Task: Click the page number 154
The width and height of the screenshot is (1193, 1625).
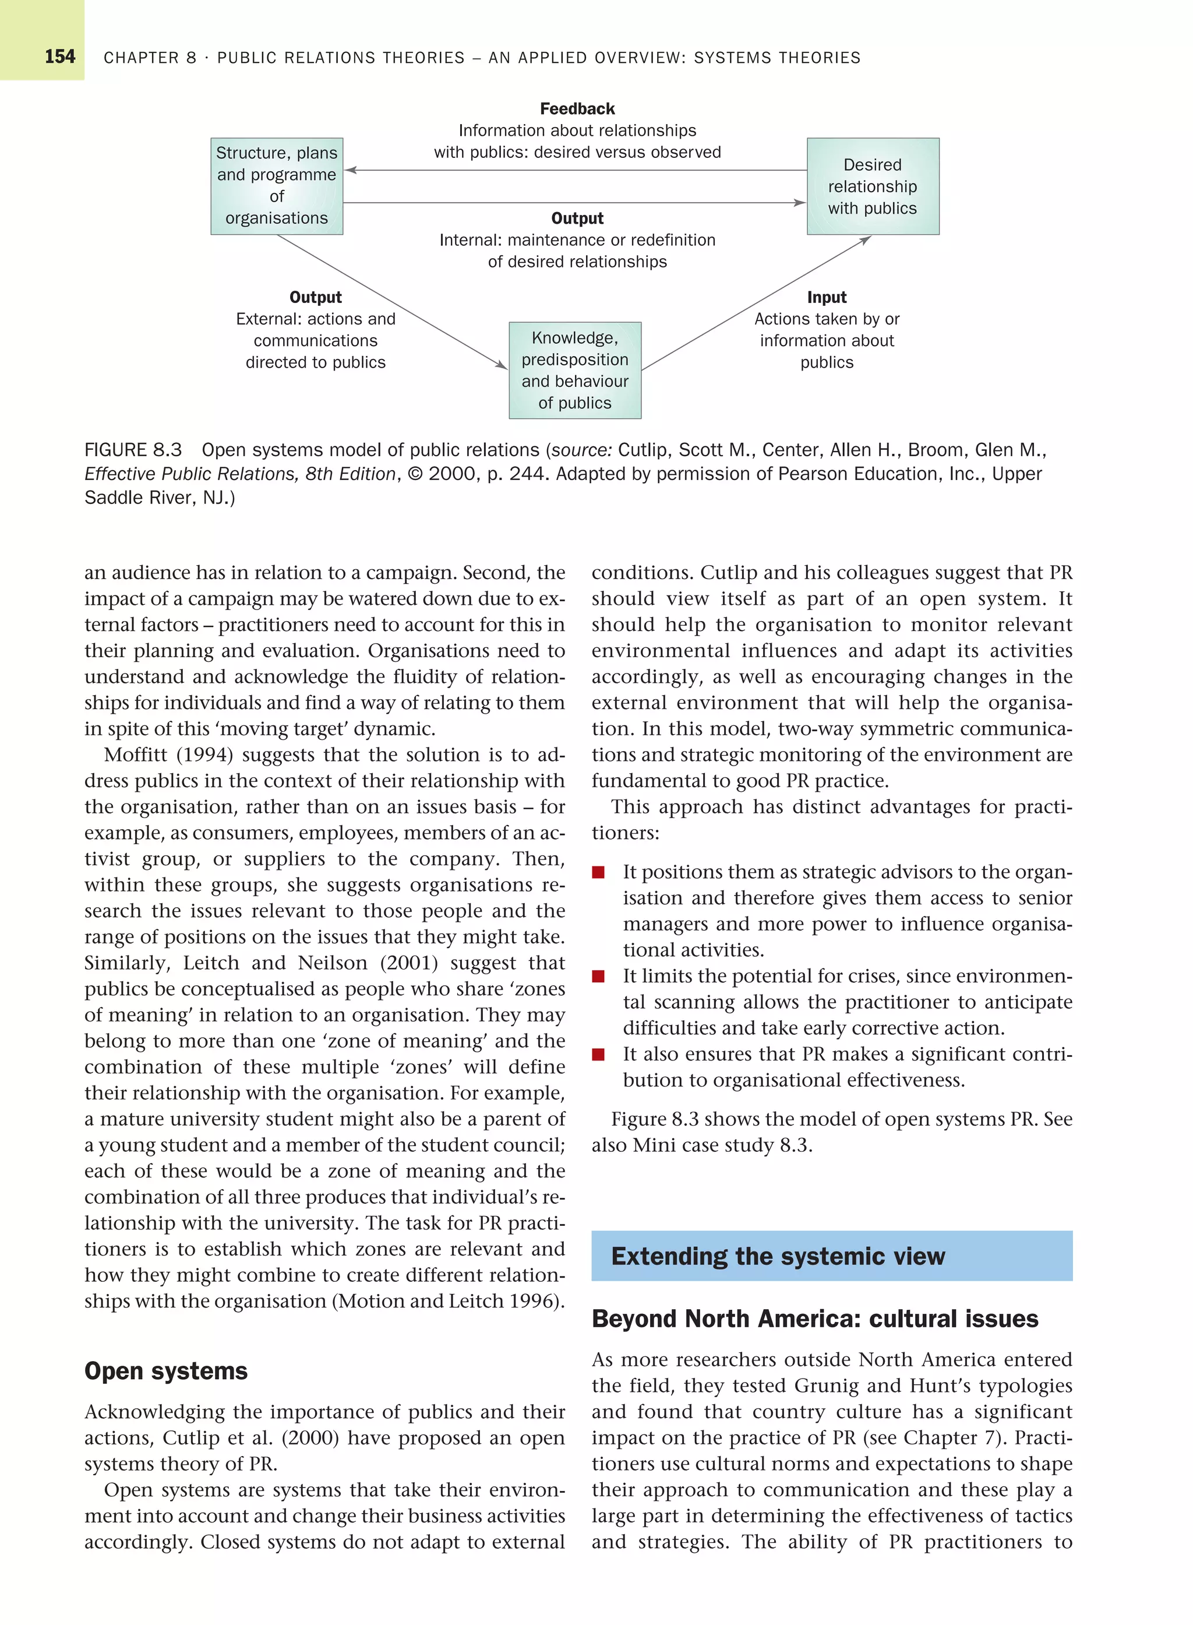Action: (60, 57)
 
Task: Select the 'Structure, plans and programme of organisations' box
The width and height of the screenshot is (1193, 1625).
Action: (277, 186)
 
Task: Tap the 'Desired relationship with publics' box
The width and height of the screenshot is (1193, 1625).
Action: (873, 186)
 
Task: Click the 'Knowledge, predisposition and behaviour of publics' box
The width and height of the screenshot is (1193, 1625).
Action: (575, 370)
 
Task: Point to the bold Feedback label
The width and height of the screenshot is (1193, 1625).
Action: (577, 109)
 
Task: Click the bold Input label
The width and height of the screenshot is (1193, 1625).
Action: (826, 298)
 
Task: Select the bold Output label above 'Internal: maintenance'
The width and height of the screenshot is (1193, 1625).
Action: (577, 218)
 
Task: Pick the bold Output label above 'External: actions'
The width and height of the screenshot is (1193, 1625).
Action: (315, 298)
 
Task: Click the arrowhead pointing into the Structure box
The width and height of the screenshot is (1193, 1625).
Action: (350, 171)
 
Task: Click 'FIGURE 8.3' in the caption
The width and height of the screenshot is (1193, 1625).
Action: (133, 450)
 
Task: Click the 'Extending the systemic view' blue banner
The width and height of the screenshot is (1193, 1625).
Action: (831, 1256)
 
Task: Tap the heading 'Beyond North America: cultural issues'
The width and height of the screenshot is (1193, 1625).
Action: (814, 1318)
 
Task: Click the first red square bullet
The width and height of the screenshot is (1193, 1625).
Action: (598, 872)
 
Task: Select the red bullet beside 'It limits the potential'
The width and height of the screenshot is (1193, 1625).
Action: (598, 977)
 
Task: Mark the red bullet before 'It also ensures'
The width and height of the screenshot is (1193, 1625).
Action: (598, 1055)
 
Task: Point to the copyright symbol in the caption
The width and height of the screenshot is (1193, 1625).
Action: (415, 474)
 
